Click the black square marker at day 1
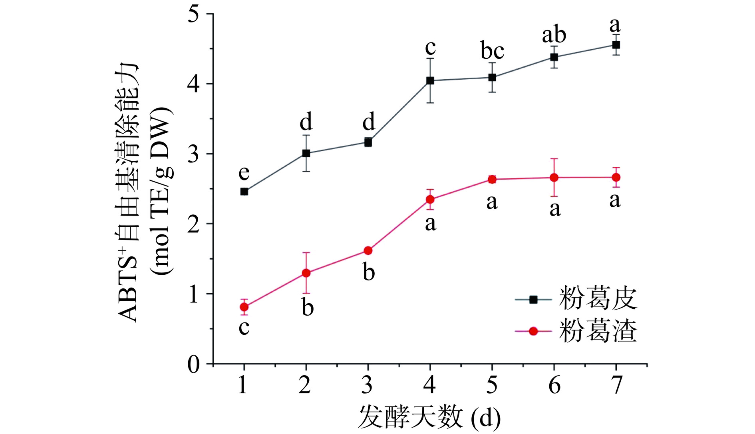(x=244, y=192)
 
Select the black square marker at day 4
(x=430, y=80)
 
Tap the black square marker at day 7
(x=616, y=45)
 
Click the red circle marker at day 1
(x=244, y=307)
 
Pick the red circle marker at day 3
(x=368, y=251)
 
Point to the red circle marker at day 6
(x=554, y=178)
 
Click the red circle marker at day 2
(x=306, y=273)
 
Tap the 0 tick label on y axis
(x=194, y=364)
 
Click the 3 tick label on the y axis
(x=194, y=154)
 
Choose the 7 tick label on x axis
(x=617, y=385)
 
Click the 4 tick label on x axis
(x=430, y=385)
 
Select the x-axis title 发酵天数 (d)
(x=429, y=417)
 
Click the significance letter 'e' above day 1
(x=244, y=173)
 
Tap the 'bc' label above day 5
(x=492, y=51)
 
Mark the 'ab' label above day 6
(x=554, y=35)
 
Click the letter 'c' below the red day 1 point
(x=244, y=328)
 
